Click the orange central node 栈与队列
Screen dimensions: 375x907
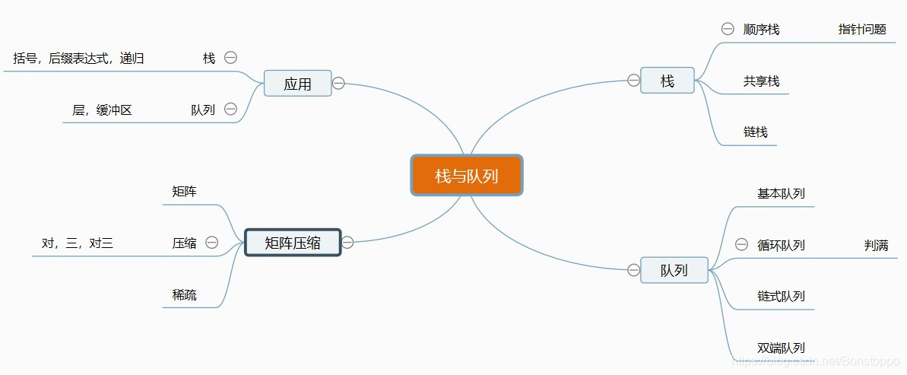[x=466, y=176]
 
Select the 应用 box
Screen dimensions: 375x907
[x=297, y=84]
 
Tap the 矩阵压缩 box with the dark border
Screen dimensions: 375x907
[x=293, y=243]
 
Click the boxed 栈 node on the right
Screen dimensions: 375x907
[x=667, y=81]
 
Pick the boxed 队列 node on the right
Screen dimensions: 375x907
[x=674, y=270]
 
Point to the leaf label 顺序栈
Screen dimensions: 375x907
[x=761, y=30]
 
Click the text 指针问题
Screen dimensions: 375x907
[x=862, y=30]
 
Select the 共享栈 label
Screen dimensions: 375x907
[x=761, y=81]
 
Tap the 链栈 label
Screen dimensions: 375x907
[x=755, y=132]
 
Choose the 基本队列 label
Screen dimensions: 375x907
[x=781, y=193]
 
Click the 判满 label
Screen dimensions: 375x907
[x=876, y=245]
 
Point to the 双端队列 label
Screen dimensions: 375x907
[x=781, y=348]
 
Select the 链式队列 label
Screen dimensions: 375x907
[x=781, y=296]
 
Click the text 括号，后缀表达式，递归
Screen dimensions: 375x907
[x=79, y=58]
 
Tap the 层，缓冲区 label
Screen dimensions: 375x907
[x=102, y=110]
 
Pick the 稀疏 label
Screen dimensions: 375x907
[x=184, y=294]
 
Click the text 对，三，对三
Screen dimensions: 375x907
[x=77, y=243]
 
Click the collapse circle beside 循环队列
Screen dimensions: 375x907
[x=742, y=244]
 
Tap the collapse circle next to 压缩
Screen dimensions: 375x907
[x=212, y=243]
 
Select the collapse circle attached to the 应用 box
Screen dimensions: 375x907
[x=339, y=83]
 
